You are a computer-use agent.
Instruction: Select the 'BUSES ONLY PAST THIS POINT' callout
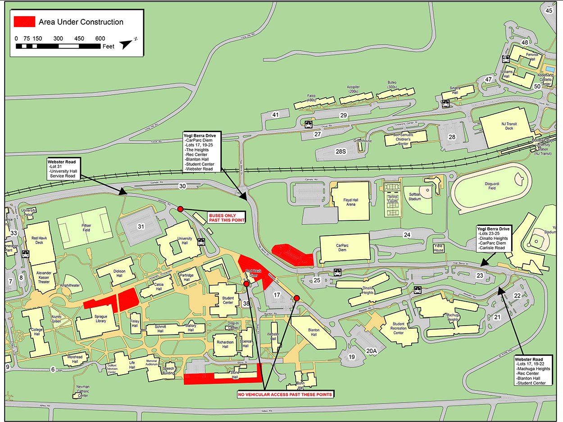point(227,218)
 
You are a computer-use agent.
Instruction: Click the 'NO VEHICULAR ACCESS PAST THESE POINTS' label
point(285,394)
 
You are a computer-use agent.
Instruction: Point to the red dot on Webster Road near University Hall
point(180,209)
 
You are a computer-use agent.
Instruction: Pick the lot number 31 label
point(141,226)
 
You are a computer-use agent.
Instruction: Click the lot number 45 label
point(549,10)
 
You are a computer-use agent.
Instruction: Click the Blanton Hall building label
point(313,332)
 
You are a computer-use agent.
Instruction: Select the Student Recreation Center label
point(398,328)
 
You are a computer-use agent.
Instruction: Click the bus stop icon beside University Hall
point(200,242)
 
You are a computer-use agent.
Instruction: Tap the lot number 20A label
point(371,351)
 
